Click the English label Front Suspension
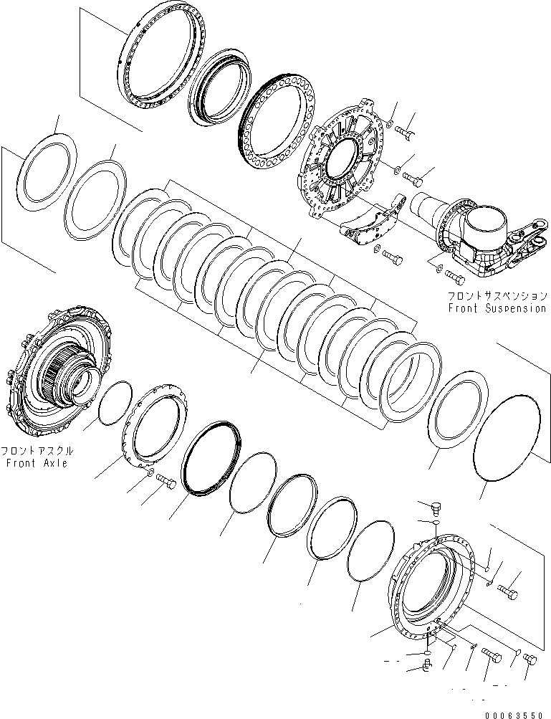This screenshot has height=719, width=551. [x=497, y=309]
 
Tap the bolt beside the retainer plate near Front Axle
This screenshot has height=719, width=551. [x=165, y=482]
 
